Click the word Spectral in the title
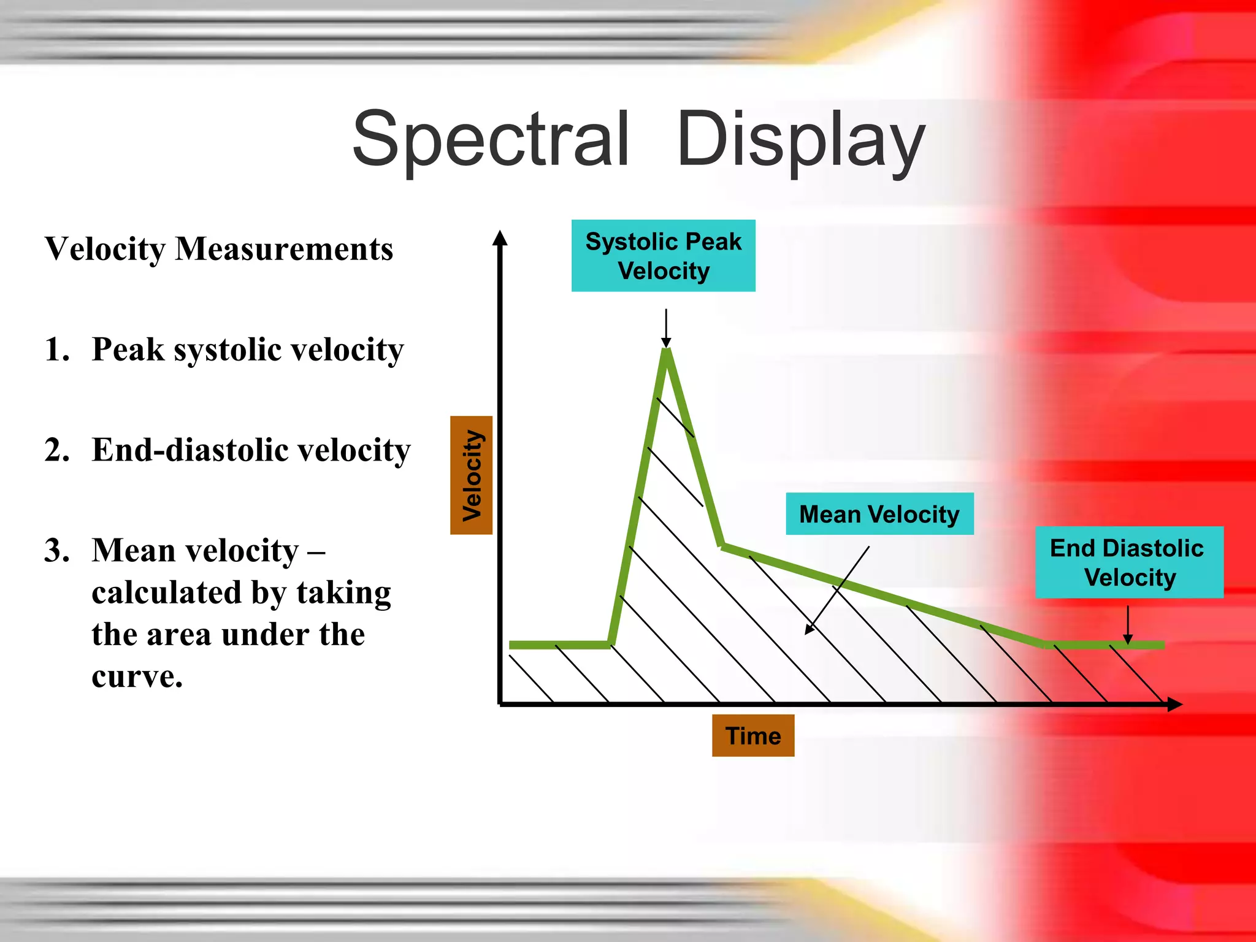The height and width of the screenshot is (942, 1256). point(491,140)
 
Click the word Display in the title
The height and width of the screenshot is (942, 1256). point(800,140)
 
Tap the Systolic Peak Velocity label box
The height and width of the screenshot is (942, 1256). point(663,256)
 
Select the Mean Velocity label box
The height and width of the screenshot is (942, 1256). point(879,514)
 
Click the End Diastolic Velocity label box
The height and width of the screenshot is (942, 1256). point(1129,562)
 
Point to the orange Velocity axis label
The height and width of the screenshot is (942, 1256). point(471,475)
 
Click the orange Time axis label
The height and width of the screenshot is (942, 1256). point(752,735)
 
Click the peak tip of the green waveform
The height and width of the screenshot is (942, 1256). point(667,351)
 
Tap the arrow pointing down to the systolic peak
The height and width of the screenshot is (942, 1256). point(666,328)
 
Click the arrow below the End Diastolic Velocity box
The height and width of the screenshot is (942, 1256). point(1128,624)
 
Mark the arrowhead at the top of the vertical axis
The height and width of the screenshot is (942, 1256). point(500,238)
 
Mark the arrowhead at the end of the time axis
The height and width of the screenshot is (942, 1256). point(1174,704)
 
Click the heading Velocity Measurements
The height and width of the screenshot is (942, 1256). point(219,249)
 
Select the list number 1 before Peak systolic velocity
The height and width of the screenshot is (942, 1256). point(56,350)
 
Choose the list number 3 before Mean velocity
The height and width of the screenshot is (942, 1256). point(56,550)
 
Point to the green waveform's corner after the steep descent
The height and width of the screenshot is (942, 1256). point(722,545)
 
